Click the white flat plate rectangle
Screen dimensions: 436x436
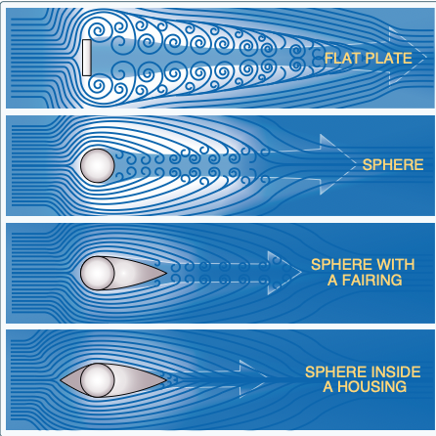[x=87, y=58]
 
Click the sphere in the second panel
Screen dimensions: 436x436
[x=98, y=165]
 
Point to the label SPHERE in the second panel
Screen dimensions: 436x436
[x=393, y=165]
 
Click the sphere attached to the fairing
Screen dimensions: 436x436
[x=98, y=273]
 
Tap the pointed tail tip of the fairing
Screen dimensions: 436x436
[x=166, y=273]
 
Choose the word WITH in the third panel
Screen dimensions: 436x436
[x=394, y=265]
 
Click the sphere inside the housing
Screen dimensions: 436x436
[x=98, y=380]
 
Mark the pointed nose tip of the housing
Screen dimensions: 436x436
[x=61, y=380]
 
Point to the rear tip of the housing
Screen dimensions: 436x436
[x=166, y=380]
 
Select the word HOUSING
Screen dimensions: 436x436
[x=371, y=387]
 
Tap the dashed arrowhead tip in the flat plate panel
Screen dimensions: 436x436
[x=426, y=57]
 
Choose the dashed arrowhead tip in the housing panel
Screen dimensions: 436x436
[x=267, y=378]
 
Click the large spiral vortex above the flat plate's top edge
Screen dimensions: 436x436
[x=97, y=31]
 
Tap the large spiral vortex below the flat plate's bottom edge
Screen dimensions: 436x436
[x=97, y=85]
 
